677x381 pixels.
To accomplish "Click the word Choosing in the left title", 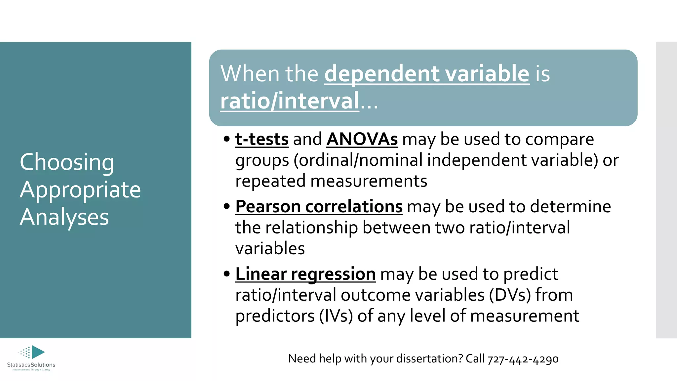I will [67, 162].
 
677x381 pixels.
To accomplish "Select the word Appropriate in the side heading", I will [80, 190].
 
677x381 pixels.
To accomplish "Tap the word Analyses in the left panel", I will [64, 217].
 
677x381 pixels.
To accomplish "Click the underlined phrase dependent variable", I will [427, 73].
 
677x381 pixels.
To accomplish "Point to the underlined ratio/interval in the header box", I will [290, 101].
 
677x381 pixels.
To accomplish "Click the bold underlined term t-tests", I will [262, 139].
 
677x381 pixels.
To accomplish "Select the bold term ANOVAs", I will [362, 139].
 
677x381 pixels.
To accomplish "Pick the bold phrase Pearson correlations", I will [319, 207].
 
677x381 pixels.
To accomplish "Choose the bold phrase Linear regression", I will [305, 274].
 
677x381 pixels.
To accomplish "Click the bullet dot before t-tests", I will [226, 139].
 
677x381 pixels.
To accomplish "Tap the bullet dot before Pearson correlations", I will [226, 206].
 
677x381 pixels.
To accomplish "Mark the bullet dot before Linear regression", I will [226, 274].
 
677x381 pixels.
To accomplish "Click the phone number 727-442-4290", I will [523, 359].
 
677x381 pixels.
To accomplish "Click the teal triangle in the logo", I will [37, 352].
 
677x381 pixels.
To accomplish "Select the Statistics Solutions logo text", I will [31, 365].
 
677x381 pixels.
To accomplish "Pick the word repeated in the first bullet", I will [270, 182].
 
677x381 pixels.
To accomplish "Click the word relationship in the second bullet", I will [311, 228].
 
